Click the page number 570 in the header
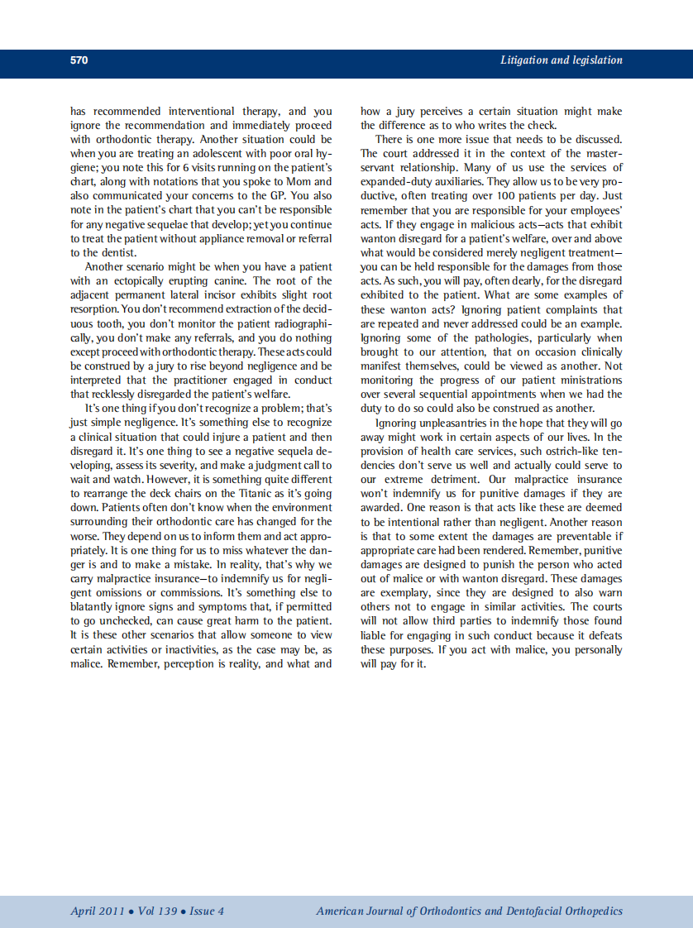pyautogui.click(x=79, y=60)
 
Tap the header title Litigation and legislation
pyautogui.click(x=561, y=60)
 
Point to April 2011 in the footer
pyautogui.click(x=97, y=911)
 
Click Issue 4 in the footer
pyautogui.click(x=207, y=911)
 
